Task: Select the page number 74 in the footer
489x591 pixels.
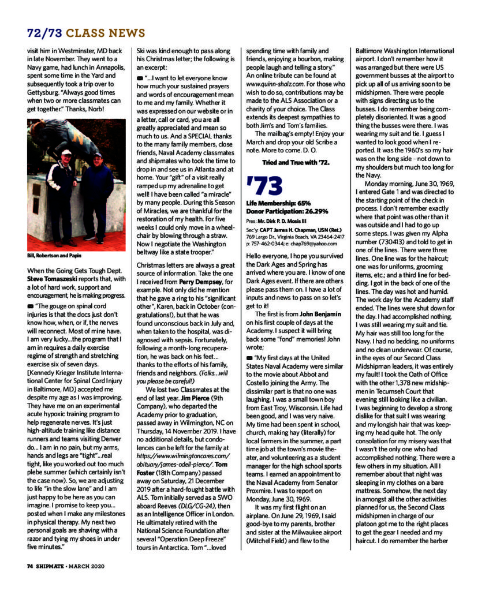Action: coord(31,566)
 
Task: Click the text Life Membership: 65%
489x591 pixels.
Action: coord(279,204)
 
